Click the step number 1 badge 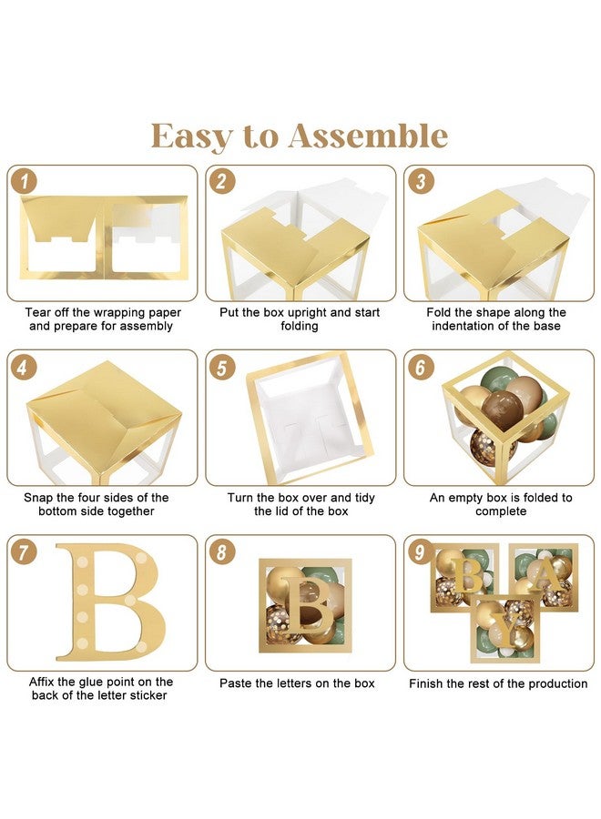click(24, 182)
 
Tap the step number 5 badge click(222, 368)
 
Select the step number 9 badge click(420, 552)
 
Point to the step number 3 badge click(421, 182)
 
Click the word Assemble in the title click(368, 136)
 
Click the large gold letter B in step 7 click(111, 602)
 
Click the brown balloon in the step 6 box click(502, 410)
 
